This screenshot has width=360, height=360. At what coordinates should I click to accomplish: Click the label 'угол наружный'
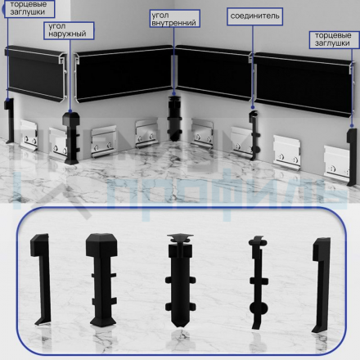pos(69,30)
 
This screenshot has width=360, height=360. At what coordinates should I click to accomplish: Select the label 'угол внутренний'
pos(174,19)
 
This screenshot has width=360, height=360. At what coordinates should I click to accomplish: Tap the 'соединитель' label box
pos(254,16)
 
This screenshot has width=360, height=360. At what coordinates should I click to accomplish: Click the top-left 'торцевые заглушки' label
pos(29,9)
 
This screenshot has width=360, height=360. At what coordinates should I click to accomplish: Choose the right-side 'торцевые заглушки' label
pos(334,40)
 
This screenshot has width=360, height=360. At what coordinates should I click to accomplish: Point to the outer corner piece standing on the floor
pos(71,138)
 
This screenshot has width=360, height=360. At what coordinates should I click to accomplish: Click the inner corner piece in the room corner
pos(174,118)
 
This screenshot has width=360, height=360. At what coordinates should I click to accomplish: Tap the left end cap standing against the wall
pos(10,121)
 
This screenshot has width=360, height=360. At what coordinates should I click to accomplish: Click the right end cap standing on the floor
pos(352,157)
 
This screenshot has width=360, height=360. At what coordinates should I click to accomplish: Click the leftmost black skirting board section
pos(36,73)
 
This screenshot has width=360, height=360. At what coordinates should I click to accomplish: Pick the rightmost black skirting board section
pos(304,84)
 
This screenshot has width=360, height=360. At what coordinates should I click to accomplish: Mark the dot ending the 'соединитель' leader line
pos(253,107)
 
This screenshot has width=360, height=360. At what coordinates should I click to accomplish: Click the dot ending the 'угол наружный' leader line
pos(70,111)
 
